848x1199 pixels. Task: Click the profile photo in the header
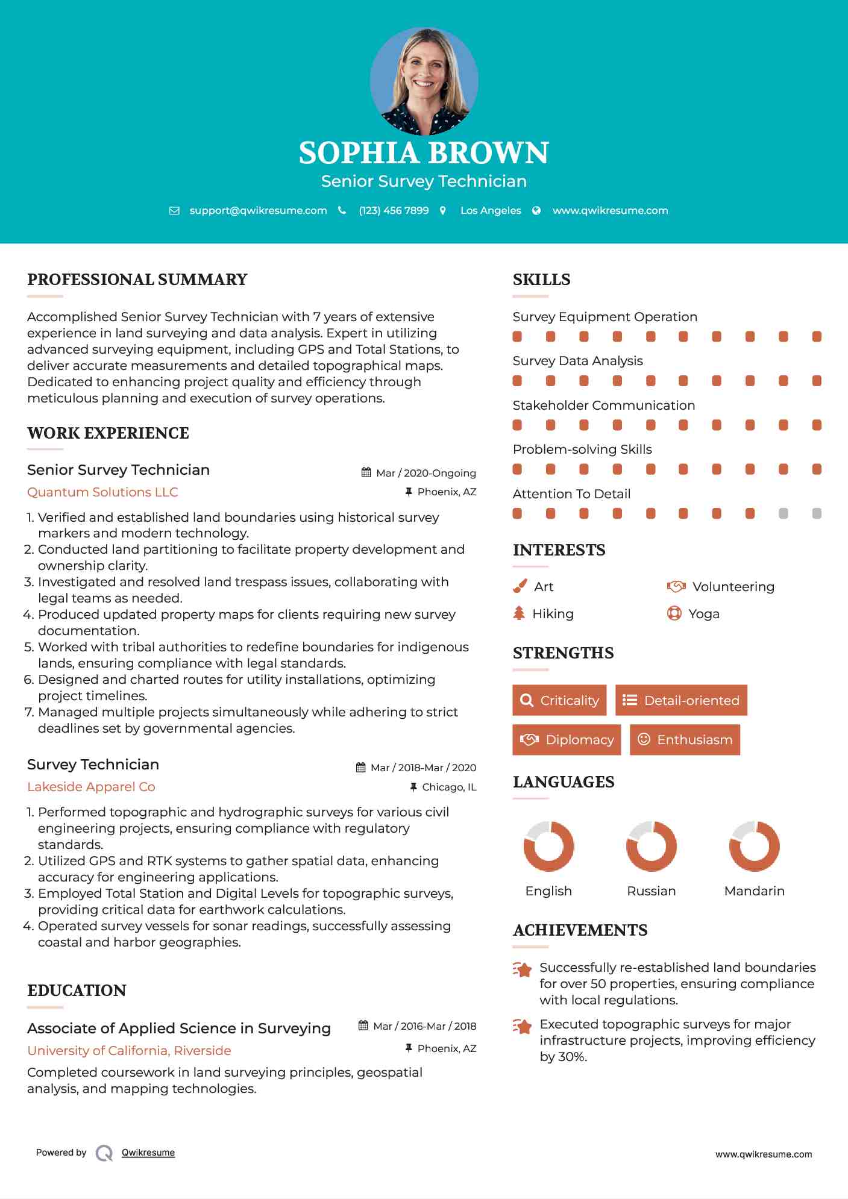(424, 81)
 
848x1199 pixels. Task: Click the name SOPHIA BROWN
(424, 153)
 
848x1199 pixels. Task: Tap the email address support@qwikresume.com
(258, 210)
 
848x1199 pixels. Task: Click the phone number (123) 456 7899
(394, 210)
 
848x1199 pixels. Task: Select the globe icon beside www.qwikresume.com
(536, 210)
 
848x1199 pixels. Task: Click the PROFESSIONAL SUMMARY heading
(137, 280)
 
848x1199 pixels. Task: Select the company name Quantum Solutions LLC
(102, 492)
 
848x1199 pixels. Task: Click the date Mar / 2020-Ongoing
(426, 473)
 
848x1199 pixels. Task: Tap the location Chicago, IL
(449, 787)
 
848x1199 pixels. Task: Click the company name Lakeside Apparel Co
(91, 787)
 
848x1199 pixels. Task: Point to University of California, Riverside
(129, 1050)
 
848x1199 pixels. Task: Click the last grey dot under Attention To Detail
(817, 513)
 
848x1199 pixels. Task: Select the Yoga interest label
(704, 613)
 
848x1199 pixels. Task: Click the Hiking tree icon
(519, 613)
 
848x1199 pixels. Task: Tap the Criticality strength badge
(559, 700)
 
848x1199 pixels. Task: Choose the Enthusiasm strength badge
(685, 739)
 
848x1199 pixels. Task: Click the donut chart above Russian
(652, 846)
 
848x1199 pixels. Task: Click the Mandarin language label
(754, 891)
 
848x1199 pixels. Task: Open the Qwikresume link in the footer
(148, 1153)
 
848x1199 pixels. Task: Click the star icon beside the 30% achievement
(523, 1026)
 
